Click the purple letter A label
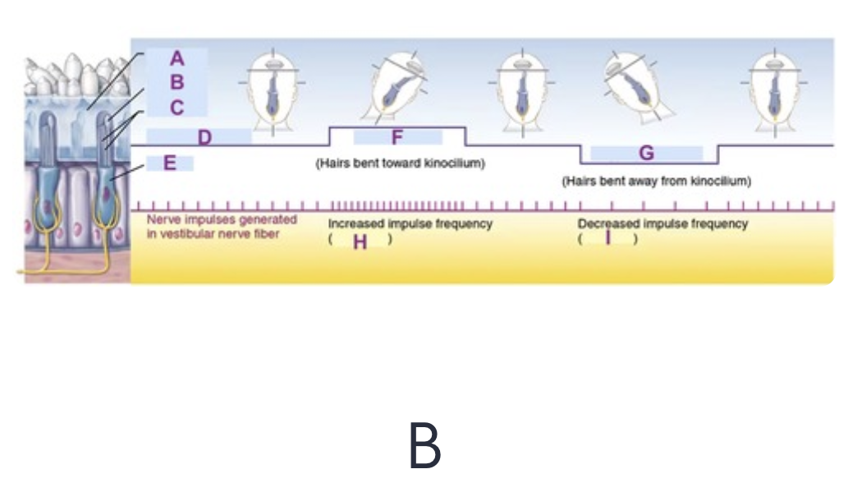[x=177, y=58]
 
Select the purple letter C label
[x=177, y=108]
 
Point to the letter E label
[x=170, y=163]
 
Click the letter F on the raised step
[x=397, y=136]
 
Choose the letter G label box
[x=646, y=153]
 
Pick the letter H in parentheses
[x=360, y=241]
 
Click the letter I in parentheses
[x=608, y=238]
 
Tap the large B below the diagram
[x=424, y=446]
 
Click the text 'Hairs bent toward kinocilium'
[x=401, y=163]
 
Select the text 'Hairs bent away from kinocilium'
[x=656, y=181]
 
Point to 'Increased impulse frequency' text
[x=410, y=223]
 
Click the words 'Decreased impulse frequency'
[x=663, y=223]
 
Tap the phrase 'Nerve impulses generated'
[x=222, y=220]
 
